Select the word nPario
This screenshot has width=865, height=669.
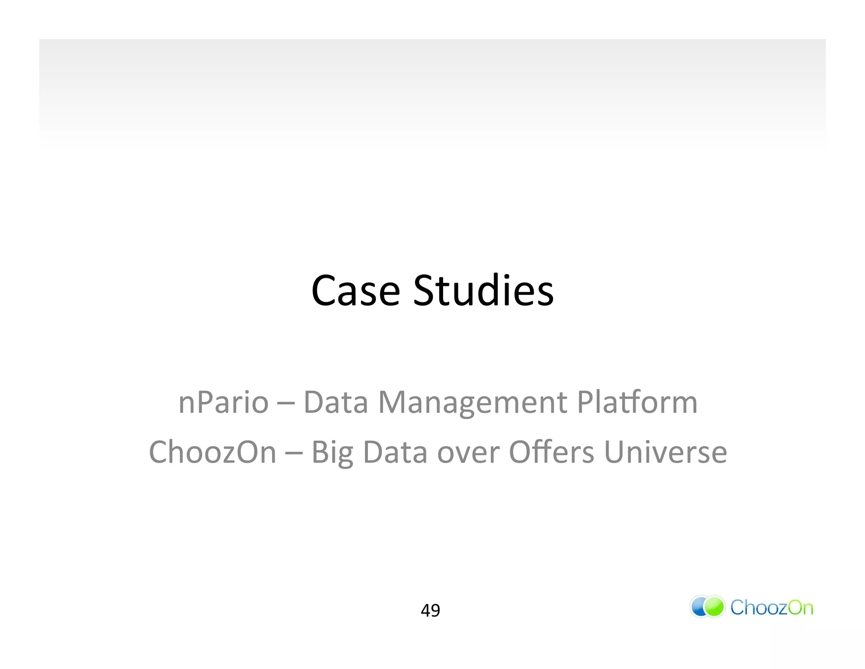223,402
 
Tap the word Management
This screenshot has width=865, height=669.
473,402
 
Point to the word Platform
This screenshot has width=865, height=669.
637,402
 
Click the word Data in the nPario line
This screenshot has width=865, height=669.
336,402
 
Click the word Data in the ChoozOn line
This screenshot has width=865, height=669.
395,452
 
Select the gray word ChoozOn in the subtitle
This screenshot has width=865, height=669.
212,452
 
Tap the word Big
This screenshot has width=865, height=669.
332,452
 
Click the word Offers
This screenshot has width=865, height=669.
552,452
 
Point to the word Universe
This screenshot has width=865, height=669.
665,452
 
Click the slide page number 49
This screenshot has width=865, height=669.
430,610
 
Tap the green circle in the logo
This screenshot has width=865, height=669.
715,607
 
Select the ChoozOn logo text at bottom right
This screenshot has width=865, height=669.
771,608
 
